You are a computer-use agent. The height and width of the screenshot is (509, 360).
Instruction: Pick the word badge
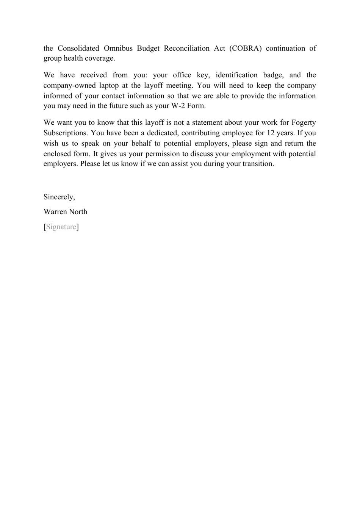pos(273,75)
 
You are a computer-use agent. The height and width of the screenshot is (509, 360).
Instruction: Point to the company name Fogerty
pos(304,123)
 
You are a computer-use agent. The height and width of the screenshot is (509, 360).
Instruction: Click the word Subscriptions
pos(65,133)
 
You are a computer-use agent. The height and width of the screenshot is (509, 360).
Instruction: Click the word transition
pos(257,164)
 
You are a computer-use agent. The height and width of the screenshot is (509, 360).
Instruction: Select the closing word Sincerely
pos(59,197)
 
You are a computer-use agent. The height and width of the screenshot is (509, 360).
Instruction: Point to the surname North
pos(78,212)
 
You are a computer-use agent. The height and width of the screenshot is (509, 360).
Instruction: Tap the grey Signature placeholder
pos(61,227)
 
